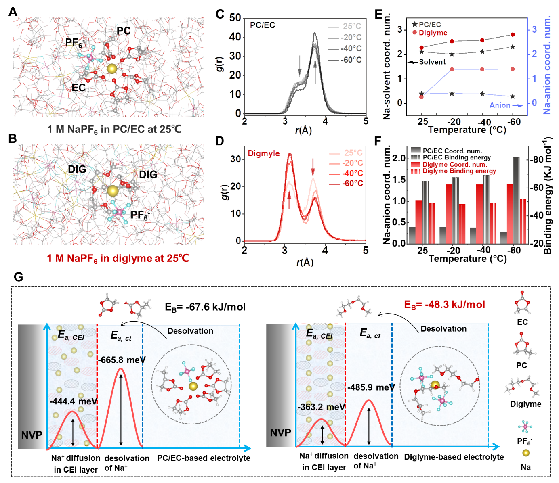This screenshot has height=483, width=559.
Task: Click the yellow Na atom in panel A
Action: coord(112,68)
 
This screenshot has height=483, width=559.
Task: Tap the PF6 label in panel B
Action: coord(140,215)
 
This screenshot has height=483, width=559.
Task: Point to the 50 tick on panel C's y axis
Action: coord(235,18)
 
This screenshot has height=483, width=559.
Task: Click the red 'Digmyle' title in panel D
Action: coord(264,153)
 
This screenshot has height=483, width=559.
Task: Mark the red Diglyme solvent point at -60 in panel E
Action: coord(513,35)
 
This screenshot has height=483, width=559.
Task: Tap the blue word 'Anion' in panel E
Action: coord(500,105)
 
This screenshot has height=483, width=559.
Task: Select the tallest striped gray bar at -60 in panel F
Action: coord(517,201)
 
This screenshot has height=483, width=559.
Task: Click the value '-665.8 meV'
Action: coord(121,360)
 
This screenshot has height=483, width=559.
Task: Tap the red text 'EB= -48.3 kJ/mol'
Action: coord(444,305)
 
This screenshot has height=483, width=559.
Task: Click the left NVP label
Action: coord(32,435)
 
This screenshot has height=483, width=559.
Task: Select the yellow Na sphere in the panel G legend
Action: coord(525,453)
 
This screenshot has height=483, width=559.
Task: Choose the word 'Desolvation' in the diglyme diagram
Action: coord(443,329)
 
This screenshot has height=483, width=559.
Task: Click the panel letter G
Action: coord(18,277)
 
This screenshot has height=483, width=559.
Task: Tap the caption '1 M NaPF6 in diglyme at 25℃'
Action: coord(118,259)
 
